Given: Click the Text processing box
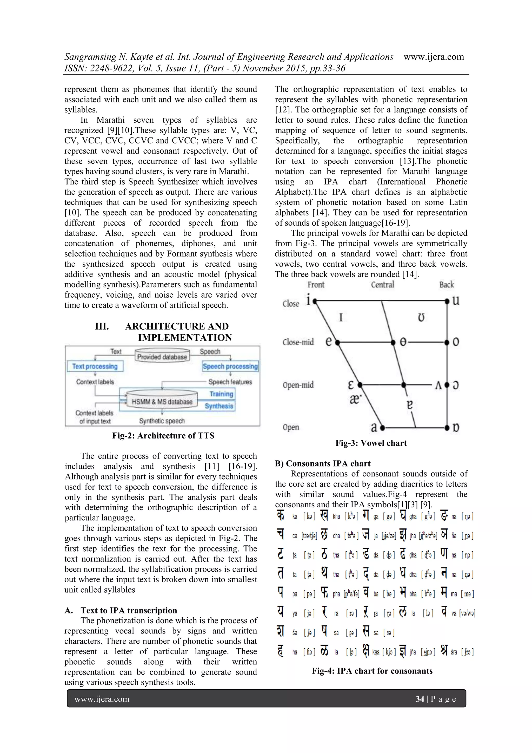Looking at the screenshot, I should coord(95,366).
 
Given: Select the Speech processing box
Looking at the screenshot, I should coord(230,366).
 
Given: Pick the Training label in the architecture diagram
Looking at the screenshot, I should coord(221,394).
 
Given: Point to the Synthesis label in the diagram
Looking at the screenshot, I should coord(219,406).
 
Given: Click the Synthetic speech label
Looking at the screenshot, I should coord(162,421).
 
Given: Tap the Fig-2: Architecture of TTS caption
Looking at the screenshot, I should coord(163,436).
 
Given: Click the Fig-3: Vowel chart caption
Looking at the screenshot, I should coord(371,443).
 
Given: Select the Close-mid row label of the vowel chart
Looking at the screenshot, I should coord(298,342).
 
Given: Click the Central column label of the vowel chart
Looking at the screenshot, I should coord(382,285).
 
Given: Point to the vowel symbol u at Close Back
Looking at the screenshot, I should coord(456,300).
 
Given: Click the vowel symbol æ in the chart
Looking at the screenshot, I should coord(355,399).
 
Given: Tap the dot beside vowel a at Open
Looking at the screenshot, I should coord(382,428).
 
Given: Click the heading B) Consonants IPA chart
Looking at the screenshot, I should coord(323,463).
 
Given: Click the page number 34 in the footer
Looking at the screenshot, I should coord(420,699).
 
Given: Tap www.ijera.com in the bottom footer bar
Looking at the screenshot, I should coord(102,699).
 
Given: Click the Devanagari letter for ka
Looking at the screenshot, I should coord(281,516).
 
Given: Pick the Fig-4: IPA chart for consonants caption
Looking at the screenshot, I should coord(372,671).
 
